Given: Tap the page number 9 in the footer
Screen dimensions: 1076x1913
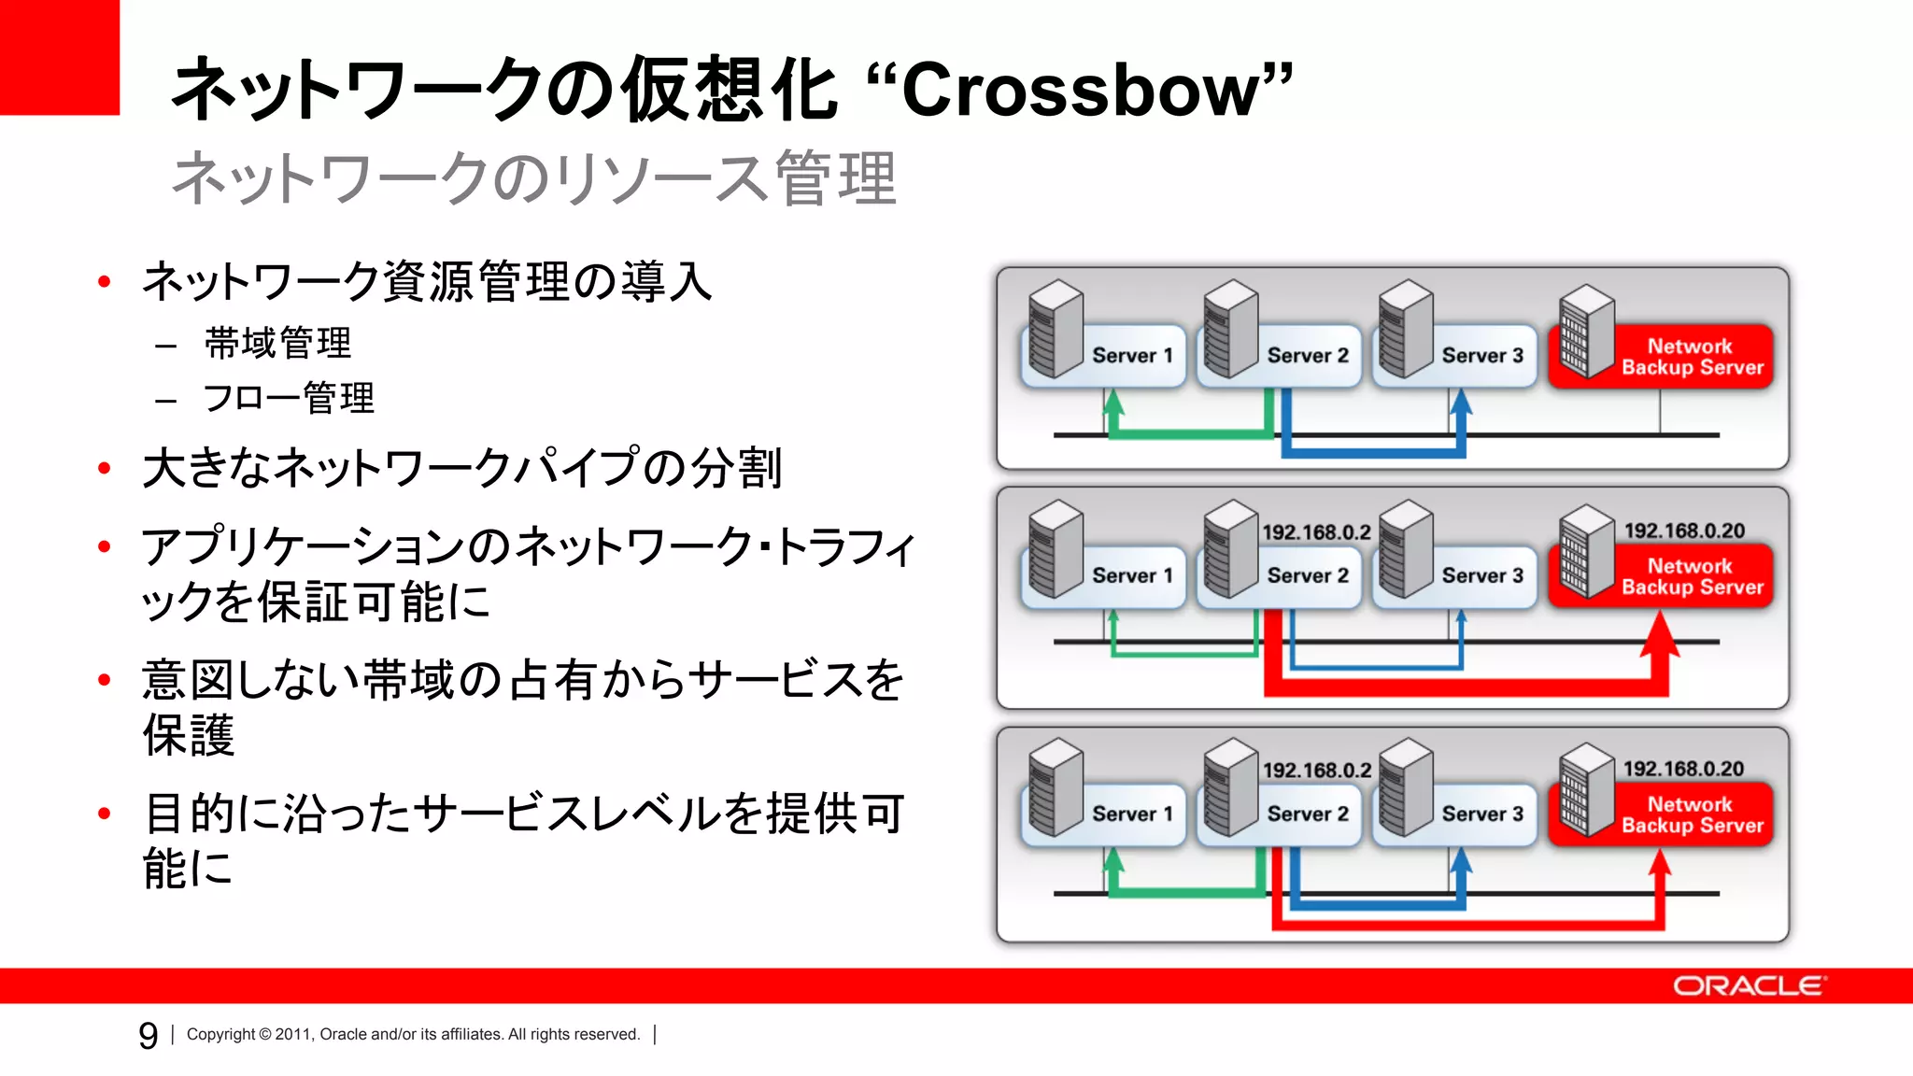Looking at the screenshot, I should pos(148,1035).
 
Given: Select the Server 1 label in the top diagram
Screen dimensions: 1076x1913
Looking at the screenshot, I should pos(1131,356).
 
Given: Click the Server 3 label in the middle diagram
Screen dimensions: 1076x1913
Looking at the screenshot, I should pos(1481,575).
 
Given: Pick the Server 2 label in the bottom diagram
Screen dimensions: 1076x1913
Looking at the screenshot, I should pos(1307,814).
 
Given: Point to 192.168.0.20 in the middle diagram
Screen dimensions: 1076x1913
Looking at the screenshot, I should pos(1683,531).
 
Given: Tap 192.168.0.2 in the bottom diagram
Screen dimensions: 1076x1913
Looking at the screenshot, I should pos(1316,771).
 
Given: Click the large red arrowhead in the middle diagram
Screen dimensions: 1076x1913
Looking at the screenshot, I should pos(1660,634).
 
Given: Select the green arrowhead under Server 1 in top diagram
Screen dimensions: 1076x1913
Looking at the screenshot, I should pos(1112,403).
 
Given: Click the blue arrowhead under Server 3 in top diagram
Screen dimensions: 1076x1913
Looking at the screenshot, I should pos(1461,403).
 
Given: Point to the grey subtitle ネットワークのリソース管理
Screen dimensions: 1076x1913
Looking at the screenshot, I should pos(533,178).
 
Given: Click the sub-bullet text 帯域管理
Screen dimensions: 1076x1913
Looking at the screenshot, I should pos(277,343).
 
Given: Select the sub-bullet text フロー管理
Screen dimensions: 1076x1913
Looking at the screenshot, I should pos(289,398).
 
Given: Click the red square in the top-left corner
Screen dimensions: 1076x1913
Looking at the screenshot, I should pos(59,56).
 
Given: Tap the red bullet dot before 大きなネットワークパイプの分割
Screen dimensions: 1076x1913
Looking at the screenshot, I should pos(105,468).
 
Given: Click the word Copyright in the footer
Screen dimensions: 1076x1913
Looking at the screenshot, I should pos(220,1034).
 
